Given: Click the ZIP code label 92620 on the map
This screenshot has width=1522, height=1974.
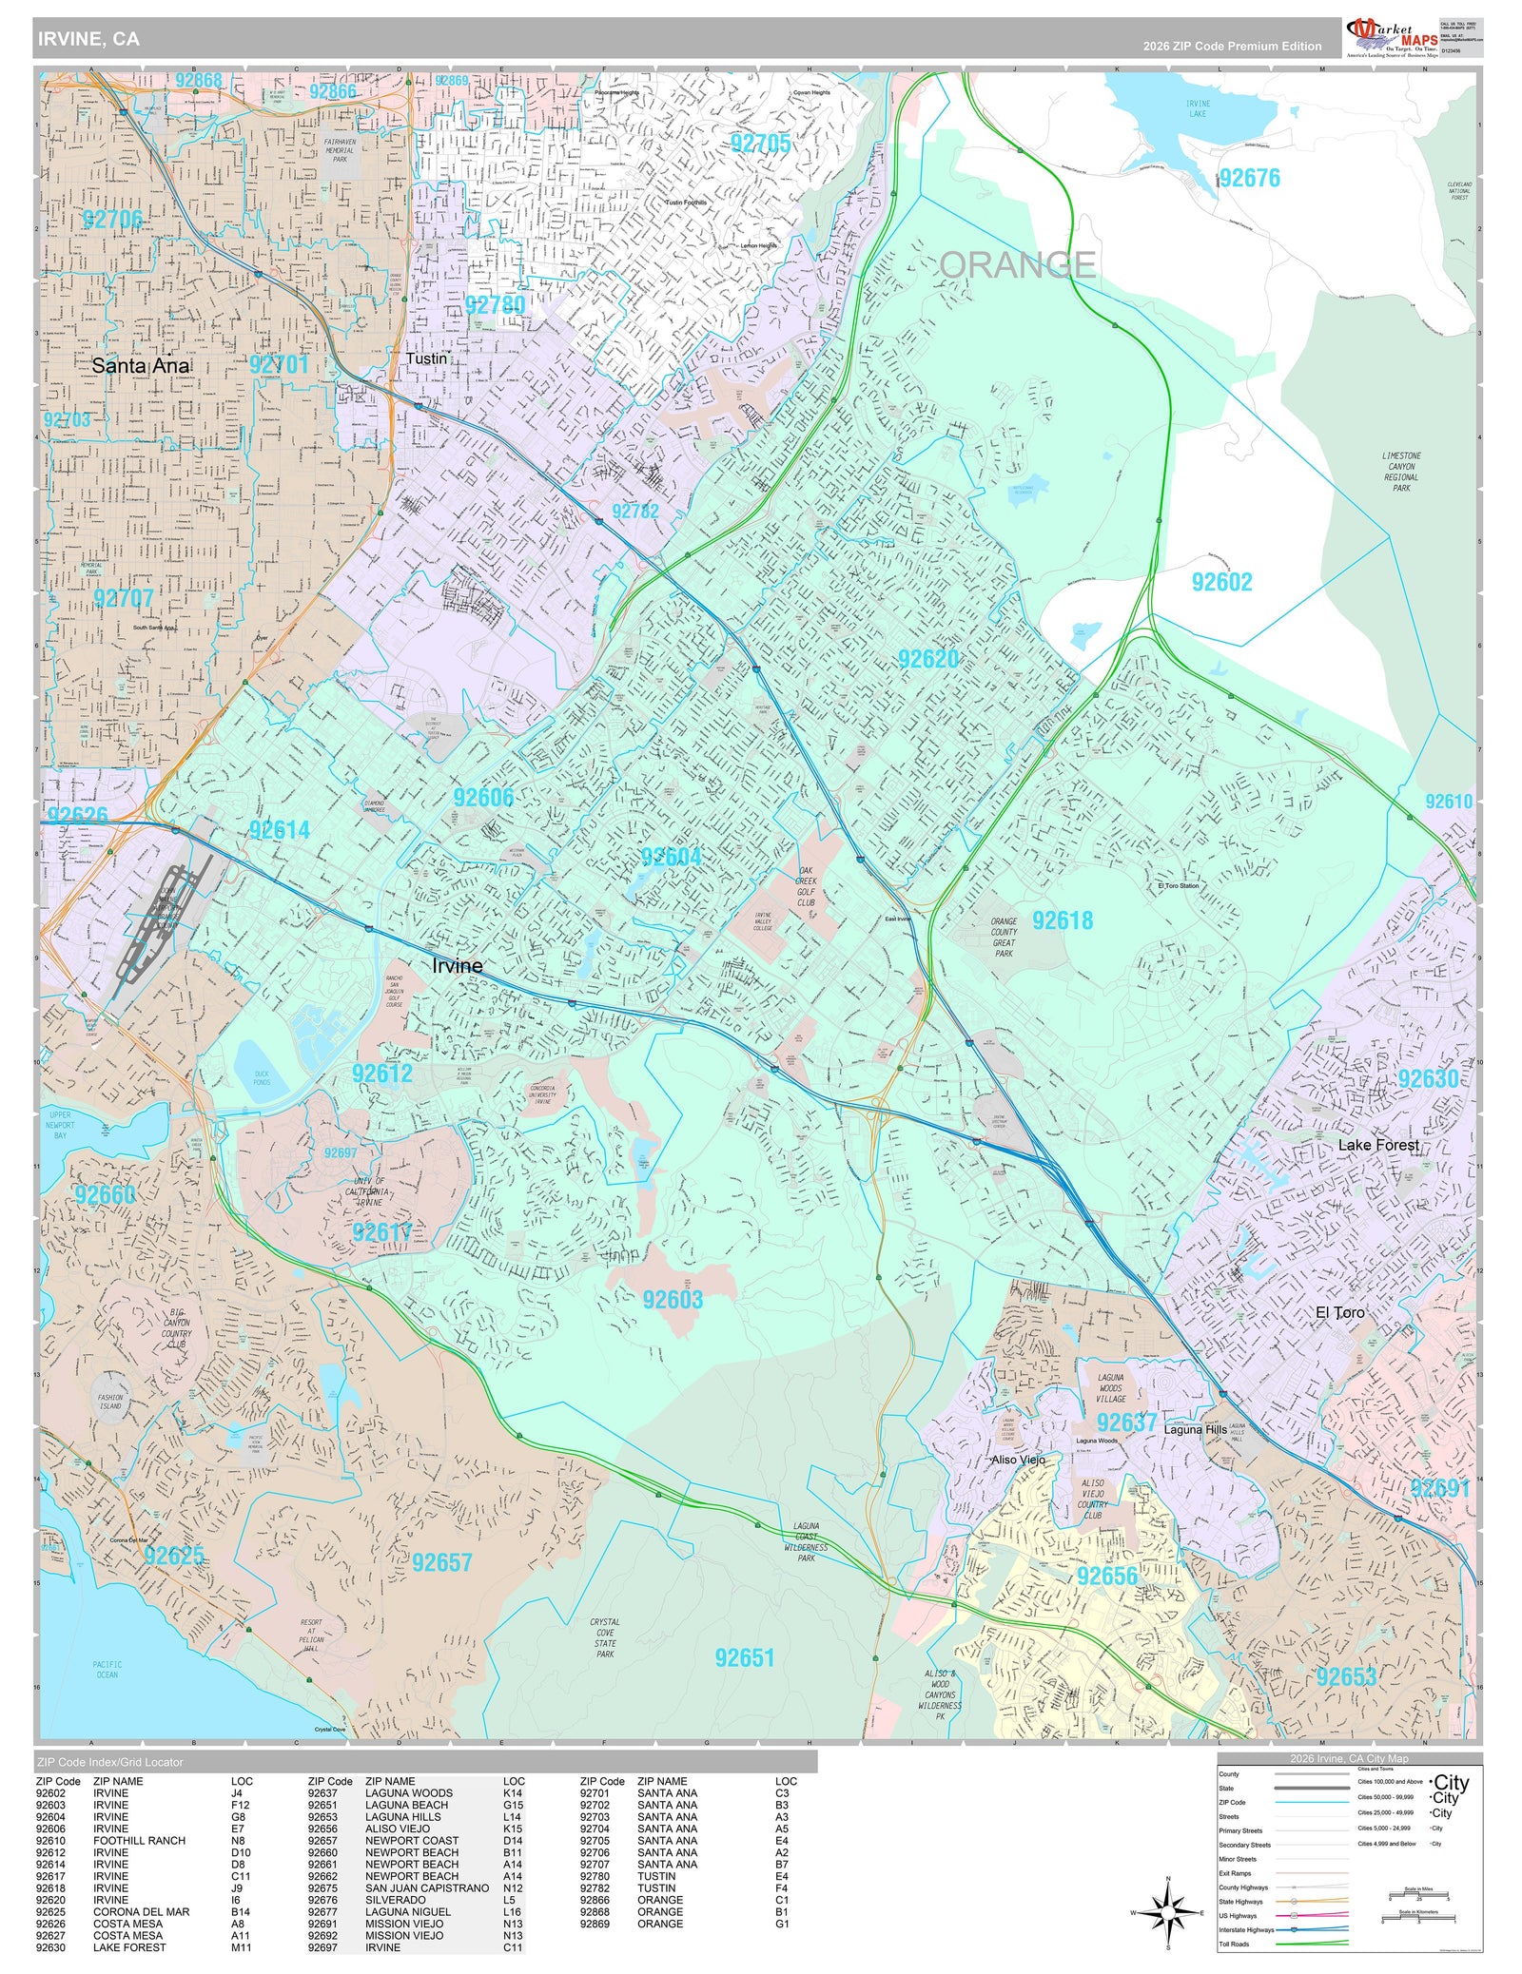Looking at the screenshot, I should point(928,659).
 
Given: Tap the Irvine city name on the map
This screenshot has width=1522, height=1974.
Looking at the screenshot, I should point(457,965).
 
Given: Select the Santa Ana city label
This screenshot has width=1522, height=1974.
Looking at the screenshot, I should point(141,365).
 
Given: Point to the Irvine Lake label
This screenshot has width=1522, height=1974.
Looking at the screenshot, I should point(1198,108).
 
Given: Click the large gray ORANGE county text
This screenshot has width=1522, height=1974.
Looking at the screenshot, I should point(1017,264).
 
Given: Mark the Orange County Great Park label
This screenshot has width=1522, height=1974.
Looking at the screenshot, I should point(1004,937).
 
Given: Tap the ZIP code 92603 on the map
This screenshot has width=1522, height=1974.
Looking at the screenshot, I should point(672,1299).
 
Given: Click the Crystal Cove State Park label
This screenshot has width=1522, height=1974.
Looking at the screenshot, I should point(605,1637).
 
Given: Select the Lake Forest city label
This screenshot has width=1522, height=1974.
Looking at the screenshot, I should point(1378,1145).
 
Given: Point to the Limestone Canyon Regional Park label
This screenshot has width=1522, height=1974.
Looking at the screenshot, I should point(1401,472).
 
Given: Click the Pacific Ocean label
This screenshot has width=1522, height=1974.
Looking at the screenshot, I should point(107,1670).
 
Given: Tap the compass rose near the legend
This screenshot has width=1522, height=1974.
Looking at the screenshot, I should point(1168,1912).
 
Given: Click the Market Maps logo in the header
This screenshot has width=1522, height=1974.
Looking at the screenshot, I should point(1391,37).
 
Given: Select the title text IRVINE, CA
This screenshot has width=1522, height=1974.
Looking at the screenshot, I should point(88,39).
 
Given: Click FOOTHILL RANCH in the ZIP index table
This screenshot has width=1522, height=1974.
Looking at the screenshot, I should point(139,1840).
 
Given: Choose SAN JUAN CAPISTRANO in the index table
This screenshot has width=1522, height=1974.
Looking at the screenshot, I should point(427,1887).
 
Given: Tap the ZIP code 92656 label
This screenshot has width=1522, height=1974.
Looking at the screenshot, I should point(1107,1576).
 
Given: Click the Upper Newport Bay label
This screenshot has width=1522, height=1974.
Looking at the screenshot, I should point(59,1125).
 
